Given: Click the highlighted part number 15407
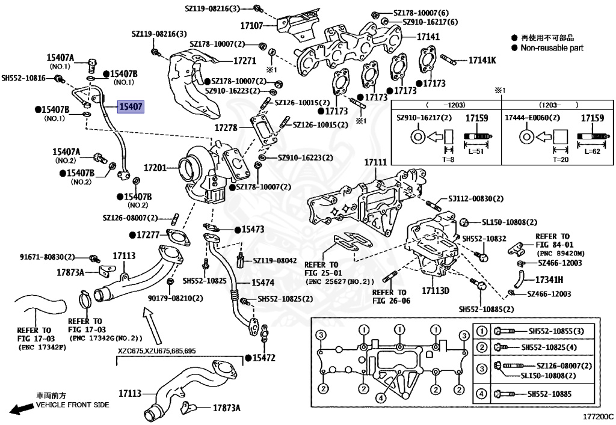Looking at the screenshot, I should [131, 108].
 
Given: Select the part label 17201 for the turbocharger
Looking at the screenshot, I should [155, 169].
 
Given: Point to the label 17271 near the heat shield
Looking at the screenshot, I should [245, 61].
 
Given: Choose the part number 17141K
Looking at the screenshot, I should [482, 60].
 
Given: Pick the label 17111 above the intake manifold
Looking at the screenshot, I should [375, 163].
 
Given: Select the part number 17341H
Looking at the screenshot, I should [549, 279].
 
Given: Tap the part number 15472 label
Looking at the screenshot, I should [263, 358].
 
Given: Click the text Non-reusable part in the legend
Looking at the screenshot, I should [552, 47].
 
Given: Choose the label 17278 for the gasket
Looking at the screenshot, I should [231, 128].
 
